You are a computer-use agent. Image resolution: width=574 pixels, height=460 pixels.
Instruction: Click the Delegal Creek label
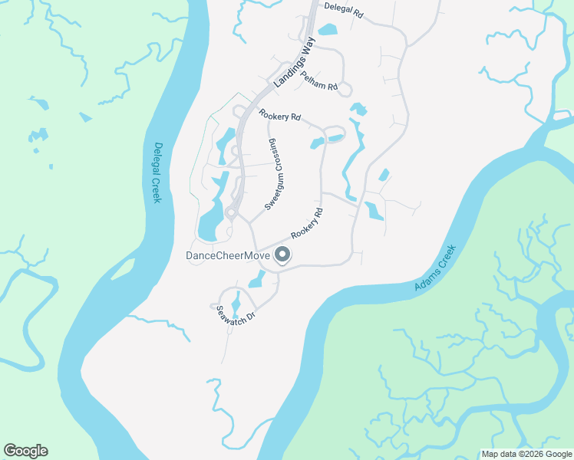pos(158,172)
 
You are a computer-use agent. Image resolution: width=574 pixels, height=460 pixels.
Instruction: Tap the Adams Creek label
pos(435,268)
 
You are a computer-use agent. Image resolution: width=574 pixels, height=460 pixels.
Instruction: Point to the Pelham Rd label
pos(319,81)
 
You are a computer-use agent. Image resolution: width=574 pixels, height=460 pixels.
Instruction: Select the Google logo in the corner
pos(25,451)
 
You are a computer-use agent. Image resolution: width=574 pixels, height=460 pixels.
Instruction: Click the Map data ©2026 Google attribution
pos(526,454)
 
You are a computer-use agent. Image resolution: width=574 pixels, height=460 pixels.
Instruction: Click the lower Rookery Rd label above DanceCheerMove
pos(306,225)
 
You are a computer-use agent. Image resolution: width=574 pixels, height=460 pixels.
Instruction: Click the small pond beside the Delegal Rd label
pos(327,31)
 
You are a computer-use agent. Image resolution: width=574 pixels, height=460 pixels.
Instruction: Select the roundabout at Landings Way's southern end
pos(230,212)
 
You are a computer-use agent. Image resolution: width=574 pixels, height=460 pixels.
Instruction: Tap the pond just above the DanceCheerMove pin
pos(256,279)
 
